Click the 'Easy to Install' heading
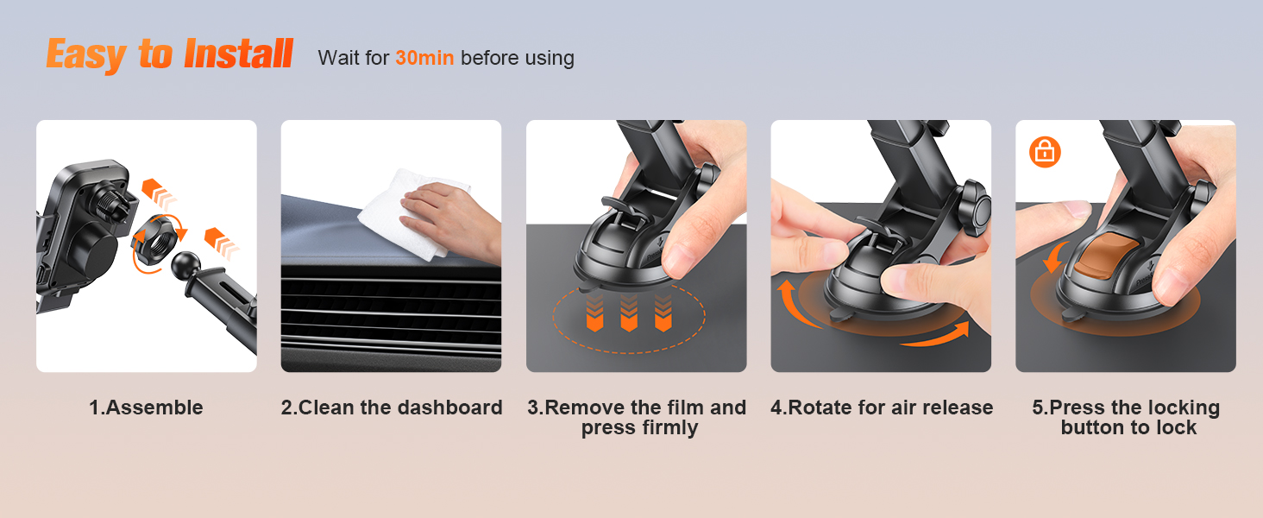pos(169,55)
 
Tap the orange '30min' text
pos(424,59)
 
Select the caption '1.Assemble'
pos(146,407)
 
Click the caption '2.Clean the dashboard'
pos(391,407)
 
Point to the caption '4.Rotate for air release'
pos(881,407)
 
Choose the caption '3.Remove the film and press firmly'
pos(637,418)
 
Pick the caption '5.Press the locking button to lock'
pos(1126,418)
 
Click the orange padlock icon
pos(1045,153)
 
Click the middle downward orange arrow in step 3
pos(630,313)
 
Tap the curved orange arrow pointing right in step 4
pos(936,337)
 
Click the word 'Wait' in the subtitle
pos(336,59)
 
